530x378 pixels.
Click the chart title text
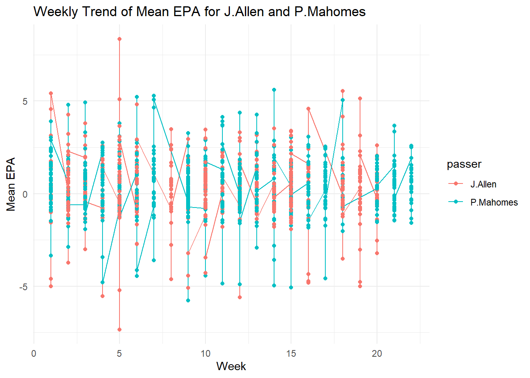point(200,12)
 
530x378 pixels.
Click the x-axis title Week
point(231,366)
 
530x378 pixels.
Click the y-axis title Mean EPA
point(11,184)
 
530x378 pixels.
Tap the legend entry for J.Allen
point(483,184)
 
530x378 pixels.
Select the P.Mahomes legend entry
point(494,202)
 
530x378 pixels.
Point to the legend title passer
point(464,164)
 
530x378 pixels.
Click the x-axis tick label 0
point(34,354)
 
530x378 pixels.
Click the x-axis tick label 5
point(119,354)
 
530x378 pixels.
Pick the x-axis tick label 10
point(205,354)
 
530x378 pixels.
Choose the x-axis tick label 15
point(291,354)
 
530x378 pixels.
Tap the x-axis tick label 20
point(377,354)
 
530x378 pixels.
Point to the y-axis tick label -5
point(23,287)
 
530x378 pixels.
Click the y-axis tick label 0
point(25,194)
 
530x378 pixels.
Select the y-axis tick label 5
point(25,101)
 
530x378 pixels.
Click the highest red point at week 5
point(119,39)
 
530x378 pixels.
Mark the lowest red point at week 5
point(119,330)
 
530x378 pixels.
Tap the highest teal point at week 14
point(274,90)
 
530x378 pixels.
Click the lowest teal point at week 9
point(188,300)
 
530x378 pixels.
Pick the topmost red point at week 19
point(360,98)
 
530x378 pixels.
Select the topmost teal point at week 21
point(394,126)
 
